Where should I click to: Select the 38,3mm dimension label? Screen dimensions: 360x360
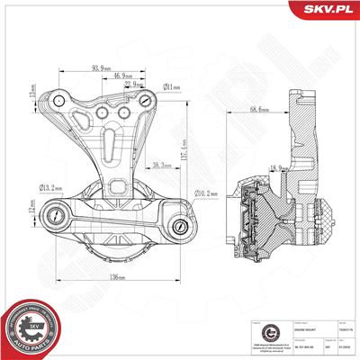(x=163, y=166)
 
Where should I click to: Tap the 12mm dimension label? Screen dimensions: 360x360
(x=30, y=210)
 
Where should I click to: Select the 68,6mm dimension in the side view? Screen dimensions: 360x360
(x=261, y=110)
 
